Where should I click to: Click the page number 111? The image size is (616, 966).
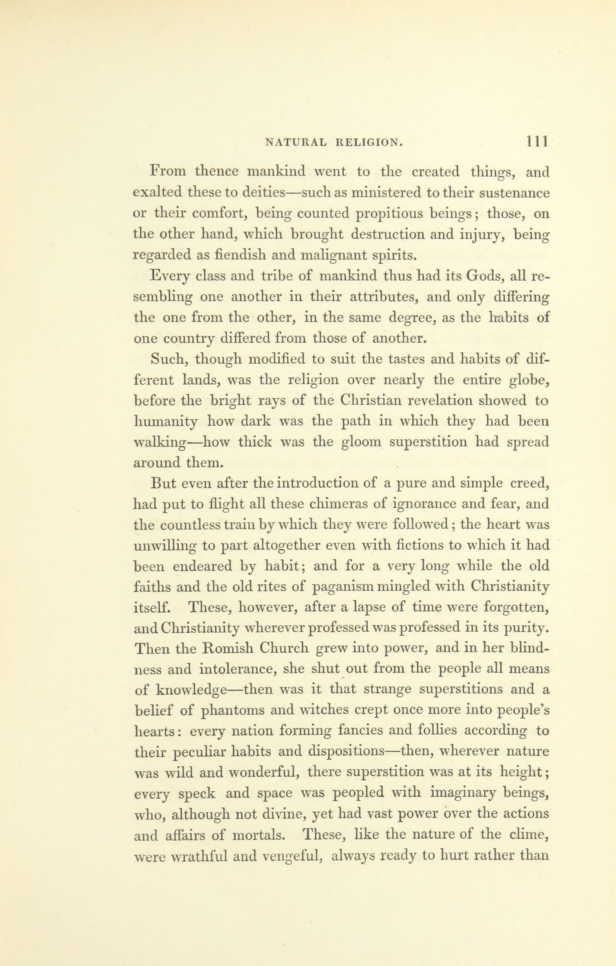pos(537,142)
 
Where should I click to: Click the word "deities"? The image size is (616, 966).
pos(263,193)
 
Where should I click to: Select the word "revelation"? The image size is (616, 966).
pos(426,400)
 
